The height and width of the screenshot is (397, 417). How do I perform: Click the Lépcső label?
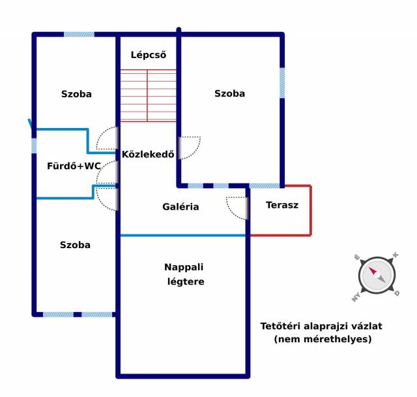click(148, 55)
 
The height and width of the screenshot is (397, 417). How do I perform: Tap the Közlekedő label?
click(148, 155)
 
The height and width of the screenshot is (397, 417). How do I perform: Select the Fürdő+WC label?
click(74, 166)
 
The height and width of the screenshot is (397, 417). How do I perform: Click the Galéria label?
click(180, 207)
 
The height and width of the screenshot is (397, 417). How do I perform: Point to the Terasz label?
click(282, 205)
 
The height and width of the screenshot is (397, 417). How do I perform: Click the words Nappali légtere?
click(184, 274)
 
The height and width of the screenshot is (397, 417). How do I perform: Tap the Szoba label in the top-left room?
click(76, 94)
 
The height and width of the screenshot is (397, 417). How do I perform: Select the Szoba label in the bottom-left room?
click(75, 245)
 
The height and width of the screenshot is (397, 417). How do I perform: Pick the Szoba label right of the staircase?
click(229, 93)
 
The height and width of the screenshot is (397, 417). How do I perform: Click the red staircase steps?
click(148, 95)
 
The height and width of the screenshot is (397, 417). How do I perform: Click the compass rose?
click(377, 275)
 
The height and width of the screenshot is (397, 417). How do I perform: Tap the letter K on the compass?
click(395, 255)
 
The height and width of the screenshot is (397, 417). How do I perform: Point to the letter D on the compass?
click(397, 294)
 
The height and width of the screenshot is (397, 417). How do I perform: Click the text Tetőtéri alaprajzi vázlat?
click(321, 326)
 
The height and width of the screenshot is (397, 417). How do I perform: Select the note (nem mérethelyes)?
click(323, 339)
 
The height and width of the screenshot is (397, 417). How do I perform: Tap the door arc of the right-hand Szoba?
click(190, 148)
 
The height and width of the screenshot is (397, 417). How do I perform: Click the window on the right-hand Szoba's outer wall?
click(282, 83)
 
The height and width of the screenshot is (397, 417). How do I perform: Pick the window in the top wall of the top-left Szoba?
click(79, 34)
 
